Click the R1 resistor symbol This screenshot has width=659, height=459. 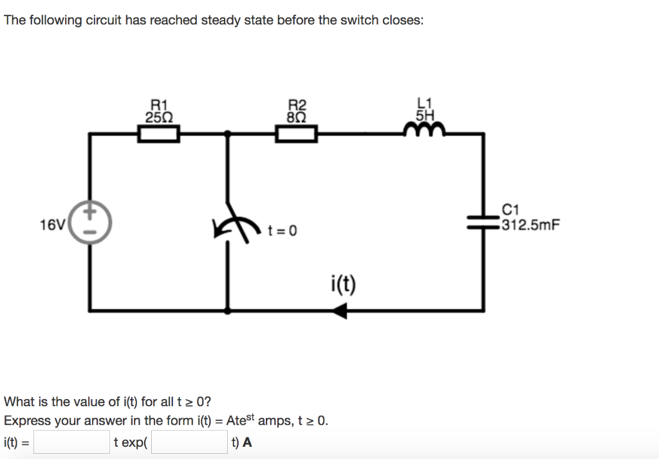pos(158,134)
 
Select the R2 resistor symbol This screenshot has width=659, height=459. pos(297,134)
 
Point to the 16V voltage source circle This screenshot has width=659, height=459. pos(89,220)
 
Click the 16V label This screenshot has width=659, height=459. pos(51,225)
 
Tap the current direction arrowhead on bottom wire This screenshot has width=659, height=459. pos(340,312)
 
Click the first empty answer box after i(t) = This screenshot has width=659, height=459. pos(71,442)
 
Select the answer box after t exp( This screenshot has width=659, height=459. pos(190,442)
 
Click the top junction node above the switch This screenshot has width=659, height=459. pos(227,133)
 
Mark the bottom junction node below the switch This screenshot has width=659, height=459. pos(227,311)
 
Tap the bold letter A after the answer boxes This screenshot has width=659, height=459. pos(248,442)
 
